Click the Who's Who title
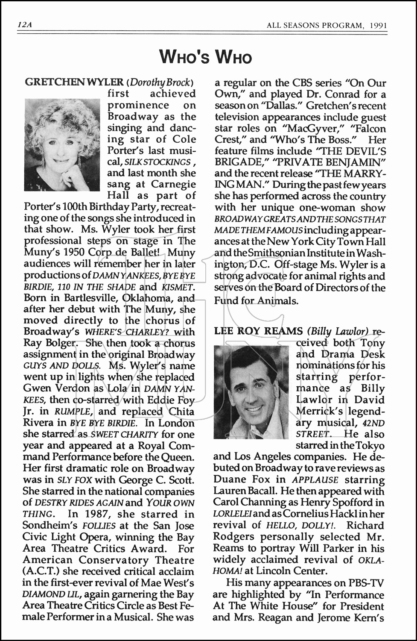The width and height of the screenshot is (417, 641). click(x=205, y=57)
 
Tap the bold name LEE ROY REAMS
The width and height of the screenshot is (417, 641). click(x=259, y=331)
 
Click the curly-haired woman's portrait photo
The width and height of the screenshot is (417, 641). click(x=62, y=144)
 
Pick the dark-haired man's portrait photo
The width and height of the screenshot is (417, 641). click(x=251, y=392)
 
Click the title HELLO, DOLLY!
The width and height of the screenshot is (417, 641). click(x=303, y=526)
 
